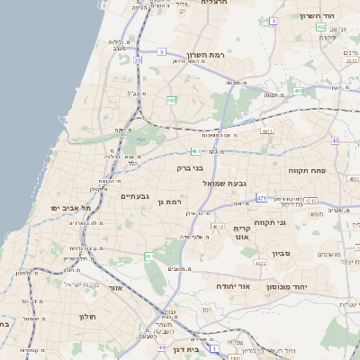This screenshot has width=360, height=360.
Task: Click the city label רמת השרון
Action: [x=205, y=56]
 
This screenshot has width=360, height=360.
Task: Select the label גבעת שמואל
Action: [x=219, y=183]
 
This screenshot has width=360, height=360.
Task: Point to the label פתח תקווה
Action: [x=307, y=170]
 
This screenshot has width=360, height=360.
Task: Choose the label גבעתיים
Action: [x=134, y=196]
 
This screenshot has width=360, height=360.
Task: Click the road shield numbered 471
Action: [x=262, y=197]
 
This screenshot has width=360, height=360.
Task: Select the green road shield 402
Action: [x=321, y=27]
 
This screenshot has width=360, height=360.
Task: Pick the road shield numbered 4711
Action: [x=266, y=130]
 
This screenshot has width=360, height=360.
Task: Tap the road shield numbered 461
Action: [x=149, y=256]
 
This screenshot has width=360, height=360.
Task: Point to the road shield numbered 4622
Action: [x=259, y=264]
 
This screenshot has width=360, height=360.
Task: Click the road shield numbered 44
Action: [x=160, y=346]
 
